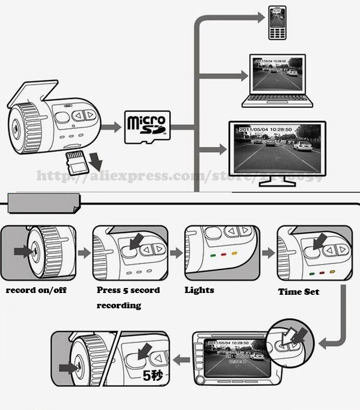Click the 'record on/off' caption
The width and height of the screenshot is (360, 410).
(x=36, y=290)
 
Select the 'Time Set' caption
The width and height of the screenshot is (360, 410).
(x=298, y=292)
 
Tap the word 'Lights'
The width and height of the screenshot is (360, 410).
(x=199, y=290)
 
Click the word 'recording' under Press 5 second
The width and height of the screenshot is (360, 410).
(x=119, y=306)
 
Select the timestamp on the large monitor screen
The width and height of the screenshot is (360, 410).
(x=265, y=130)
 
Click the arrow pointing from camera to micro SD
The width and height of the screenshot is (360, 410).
(x=111, y=126)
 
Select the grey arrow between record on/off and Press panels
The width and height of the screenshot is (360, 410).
(x=84, y=253)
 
